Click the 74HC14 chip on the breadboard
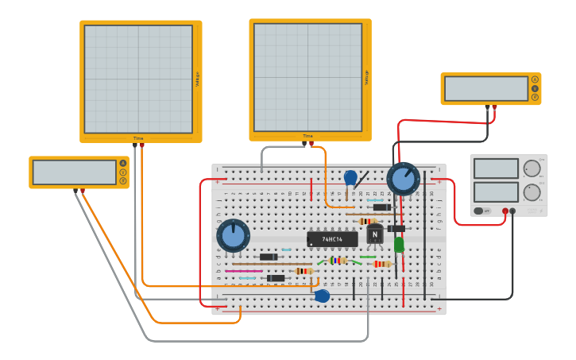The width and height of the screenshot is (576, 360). click(332, 238)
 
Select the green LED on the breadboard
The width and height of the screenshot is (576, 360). click(399, 245)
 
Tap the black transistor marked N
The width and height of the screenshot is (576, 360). click(375, 234)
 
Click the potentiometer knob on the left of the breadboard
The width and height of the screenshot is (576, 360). click(233, 236)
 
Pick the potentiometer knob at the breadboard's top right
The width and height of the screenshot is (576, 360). click(403, 179)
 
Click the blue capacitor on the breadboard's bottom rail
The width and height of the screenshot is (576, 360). click(322, 296)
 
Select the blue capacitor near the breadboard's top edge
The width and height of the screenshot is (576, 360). click(350, 178)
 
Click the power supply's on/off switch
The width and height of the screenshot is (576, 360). click(481, 211)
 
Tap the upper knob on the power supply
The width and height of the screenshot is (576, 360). click(532, 168)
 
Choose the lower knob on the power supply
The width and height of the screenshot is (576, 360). click(532, 192)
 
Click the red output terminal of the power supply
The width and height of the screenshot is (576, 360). click(505, 211)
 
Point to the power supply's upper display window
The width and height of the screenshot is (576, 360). click(496, 168)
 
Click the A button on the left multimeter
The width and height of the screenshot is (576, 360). click(123, 163)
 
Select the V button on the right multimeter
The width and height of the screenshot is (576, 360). click(535, 88)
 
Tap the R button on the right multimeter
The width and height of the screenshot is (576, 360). click(535, 97)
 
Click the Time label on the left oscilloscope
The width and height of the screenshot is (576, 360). click(138, 138)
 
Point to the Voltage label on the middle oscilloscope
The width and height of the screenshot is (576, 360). click(366, 77)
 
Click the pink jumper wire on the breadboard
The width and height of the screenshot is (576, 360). click(243, 271)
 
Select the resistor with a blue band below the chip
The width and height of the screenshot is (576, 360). click(338, 260)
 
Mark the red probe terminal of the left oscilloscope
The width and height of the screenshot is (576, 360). click(141, 145)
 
